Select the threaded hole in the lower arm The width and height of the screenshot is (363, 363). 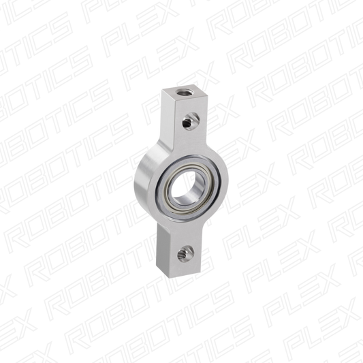tap(185, 255)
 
